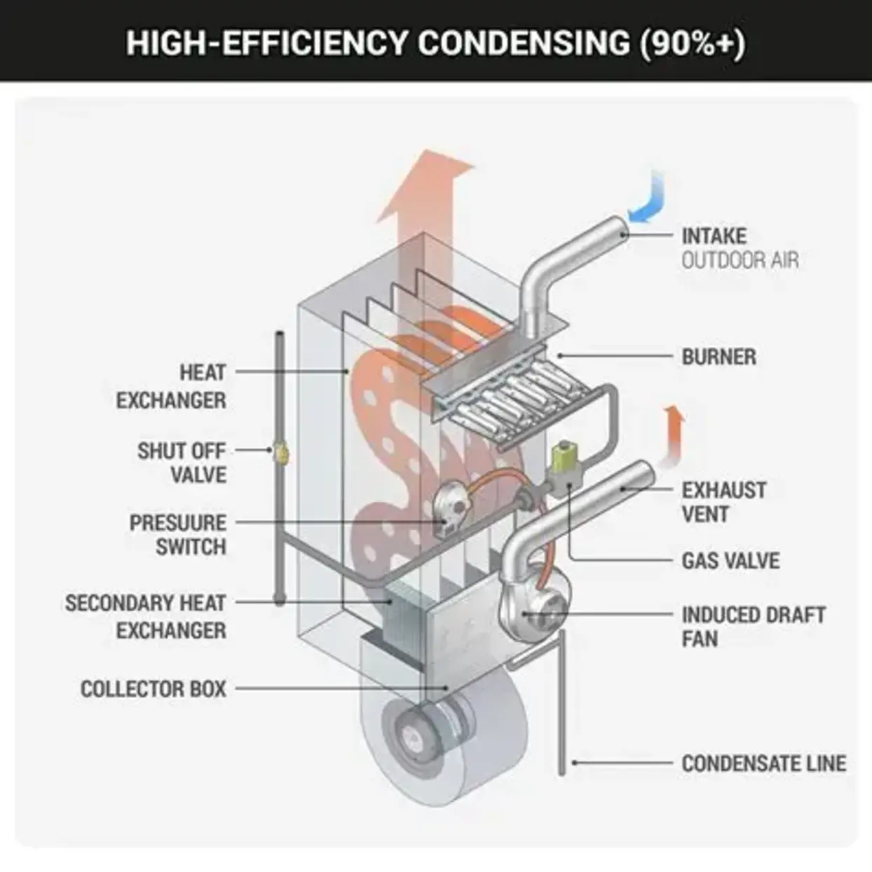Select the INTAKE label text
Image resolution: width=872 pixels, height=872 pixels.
[714, 236]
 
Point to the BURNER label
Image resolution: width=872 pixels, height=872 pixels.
[718, 357]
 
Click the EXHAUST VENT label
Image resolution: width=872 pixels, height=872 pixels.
[723, 502]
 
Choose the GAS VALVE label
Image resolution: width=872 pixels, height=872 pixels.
[730, 561]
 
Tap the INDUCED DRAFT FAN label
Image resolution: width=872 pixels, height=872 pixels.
[753, 627]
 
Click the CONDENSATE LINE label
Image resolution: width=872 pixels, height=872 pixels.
[763, 763]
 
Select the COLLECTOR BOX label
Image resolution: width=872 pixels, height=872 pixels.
[154, 689]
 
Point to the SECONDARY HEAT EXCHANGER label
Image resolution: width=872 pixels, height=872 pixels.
[146, 617]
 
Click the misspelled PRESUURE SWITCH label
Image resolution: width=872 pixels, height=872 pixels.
[178, 535]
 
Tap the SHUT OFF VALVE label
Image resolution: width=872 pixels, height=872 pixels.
[182, 463]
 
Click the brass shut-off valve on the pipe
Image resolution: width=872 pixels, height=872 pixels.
[280, 452]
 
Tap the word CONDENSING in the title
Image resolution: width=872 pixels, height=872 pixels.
[524, 43]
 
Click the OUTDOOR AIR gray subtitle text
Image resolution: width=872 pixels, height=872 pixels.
[740, 261]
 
